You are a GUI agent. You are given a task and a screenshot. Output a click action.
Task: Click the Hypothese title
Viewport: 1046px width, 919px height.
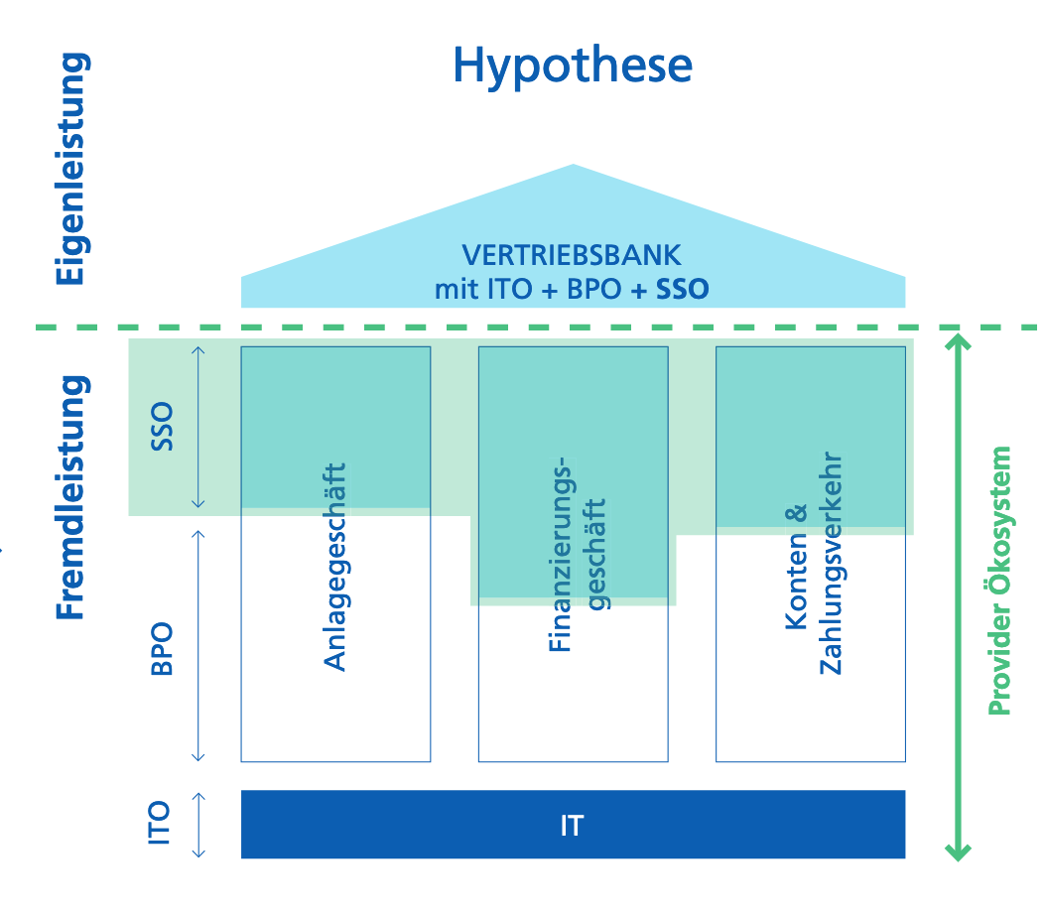click(x=573, y=66)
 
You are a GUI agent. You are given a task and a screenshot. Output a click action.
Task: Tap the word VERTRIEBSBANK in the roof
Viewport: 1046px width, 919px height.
click(x=573, y=255)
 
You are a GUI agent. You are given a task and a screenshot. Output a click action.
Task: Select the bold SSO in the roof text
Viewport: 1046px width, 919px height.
click(x=684, y=290)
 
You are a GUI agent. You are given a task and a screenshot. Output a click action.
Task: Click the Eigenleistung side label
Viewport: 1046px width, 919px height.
click(x=70, y=169)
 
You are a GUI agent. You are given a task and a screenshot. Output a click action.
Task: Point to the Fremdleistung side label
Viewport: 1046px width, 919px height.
click(x=70, y=496)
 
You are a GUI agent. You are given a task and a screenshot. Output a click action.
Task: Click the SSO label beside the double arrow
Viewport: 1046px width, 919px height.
click(x=161, y=426)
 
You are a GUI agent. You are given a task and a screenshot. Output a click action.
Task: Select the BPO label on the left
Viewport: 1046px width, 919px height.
click(x=161, y=649)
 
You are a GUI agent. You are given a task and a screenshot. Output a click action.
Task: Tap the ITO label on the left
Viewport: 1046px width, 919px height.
click(x=161, y=823)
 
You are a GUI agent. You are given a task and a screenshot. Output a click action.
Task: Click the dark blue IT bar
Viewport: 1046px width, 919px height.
click(x=573, y=825)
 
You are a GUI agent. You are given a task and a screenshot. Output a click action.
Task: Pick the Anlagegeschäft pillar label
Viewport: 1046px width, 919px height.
click(x=336, y=567)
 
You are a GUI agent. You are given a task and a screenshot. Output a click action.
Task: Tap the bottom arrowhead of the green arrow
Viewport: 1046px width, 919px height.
click(x=957, y=851)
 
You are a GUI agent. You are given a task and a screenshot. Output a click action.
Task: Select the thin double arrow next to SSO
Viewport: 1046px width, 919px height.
click(x=198, y=427)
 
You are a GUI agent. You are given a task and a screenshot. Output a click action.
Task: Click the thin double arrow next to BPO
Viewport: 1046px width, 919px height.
click(x=198, y=645)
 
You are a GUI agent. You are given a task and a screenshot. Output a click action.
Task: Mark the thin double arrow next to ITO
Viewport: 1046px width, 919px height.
click(x=198, y=824)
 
